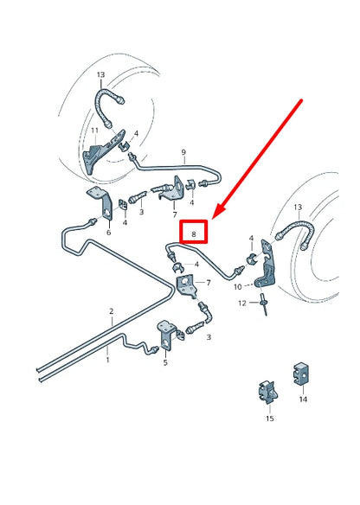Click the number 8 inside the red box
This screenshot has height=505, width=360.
(x=195, y=233)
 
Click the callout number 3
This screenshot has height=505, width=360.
(x=142, y=212)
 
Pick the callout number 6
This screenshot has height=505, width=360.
(x=108, y=232)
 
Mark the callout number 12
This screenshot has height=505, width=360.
(x=242, y=302)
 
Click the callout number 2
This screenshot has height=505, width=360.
(x=111, y=310)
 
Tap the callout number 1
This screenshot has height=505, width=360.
(x=108, y=353)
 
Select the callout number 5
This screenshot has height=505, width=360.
(x=164, y=362)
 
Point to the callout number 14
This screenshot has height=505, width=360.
(x=303, y=400)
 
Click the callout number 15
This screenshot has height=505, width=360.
(x=270, y=419)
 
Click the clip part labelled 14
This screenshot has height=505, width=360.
(x=302, y=375)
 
